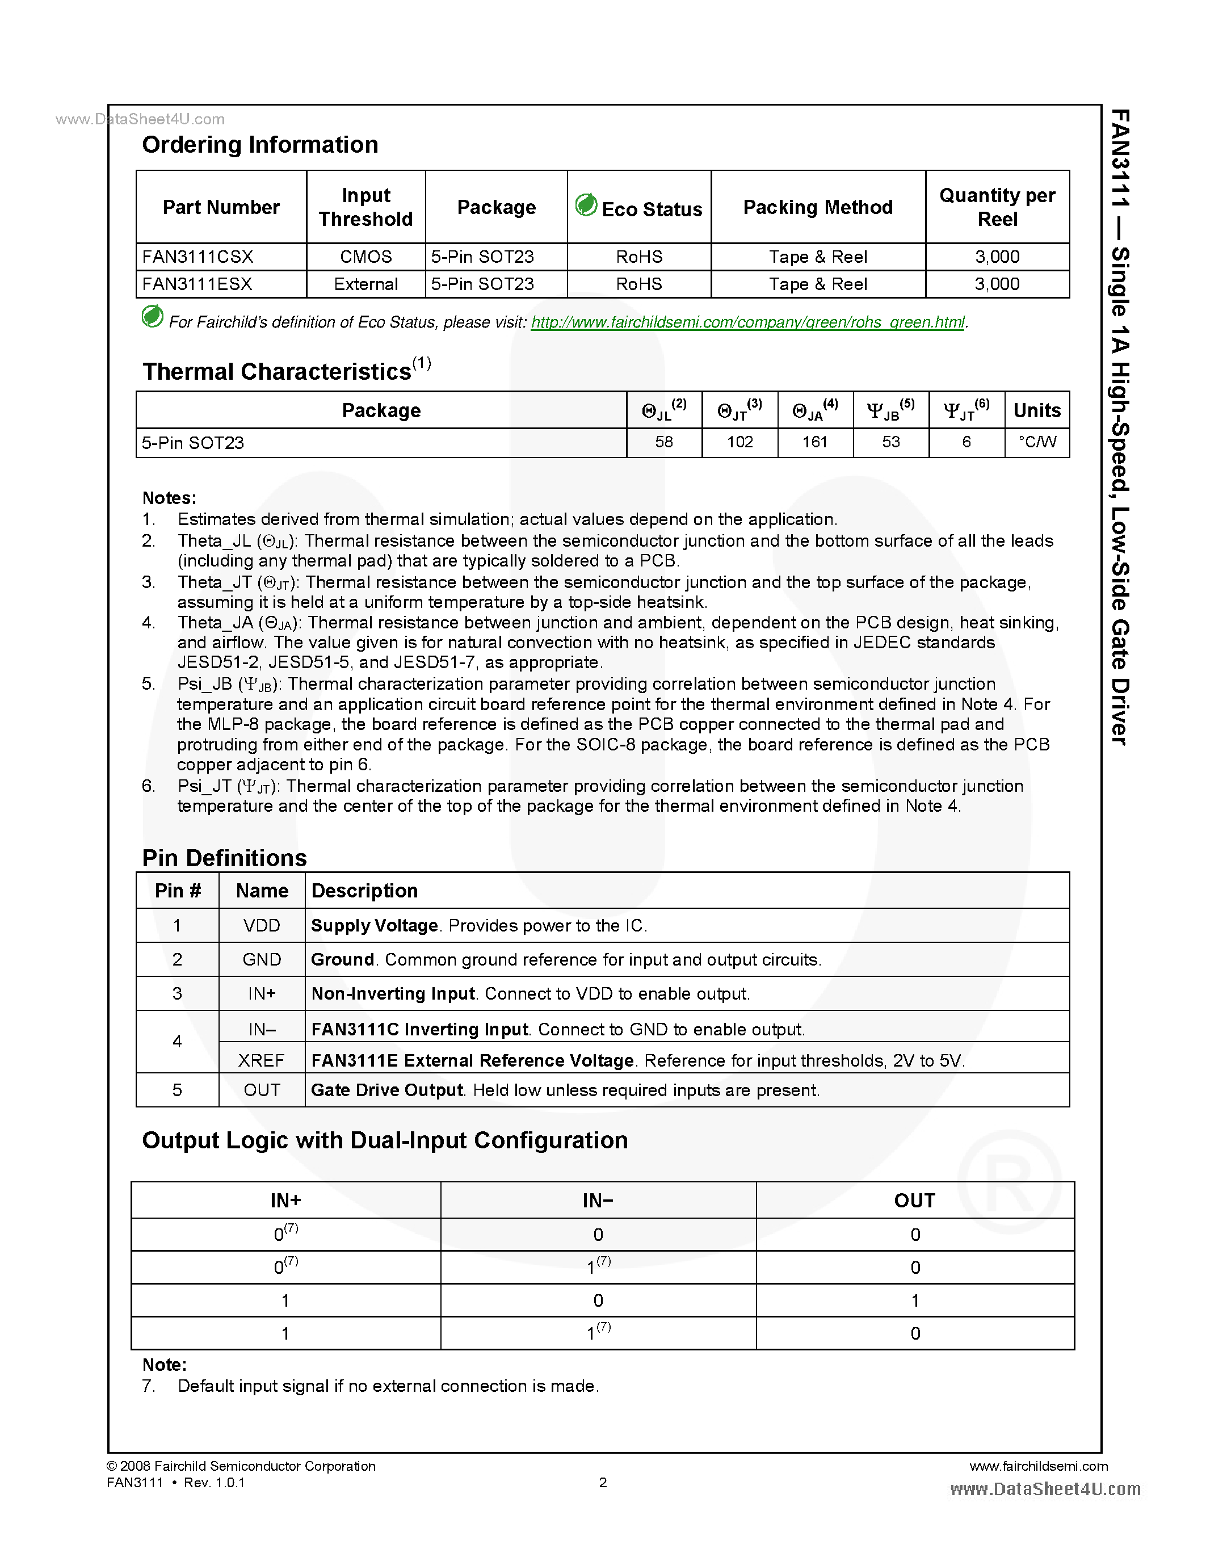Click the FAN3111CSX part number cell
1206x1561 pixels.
point(198,257)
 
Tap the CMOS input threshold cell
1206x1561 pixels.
point(366,257)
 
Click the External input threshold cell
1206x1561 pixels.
point(366,284)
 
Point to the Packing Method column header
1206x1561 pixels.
point(817,207)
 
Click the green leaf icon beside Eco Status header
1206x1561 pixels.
point(586,205)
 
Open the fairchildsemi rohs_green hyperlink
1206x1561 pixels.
point(747,322)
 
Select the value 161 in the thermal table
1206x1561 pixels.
point(814,442)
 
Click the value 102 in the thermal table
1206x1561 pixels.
point(739,442)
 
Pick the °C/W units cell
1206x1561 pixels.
point(1037,442)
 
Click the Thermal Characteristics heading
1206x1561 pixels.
point(277,372)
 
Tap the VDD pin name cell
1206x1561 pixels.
point(262,926)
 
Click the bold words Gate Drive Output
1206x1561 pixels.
point(387,1090)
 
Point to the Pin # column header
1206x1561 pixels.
point(177,891)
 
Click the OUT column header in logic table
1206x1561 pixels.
point(914,1200)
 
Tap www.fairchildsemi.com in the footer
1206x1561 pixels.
point(1038,1466)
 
